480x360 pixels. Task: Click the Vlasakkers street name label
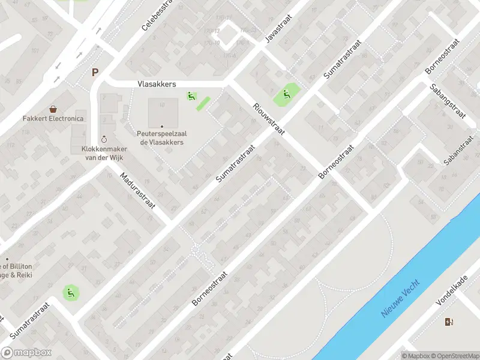pos(156,84)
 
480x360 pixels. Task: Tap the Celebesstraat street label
pos(157,15)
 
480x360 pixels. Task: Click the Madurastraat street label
pos(137,190)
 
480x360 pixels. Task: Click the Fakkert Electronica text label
pos(53,119)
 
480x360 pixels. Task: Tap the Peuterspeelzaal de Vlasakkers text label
pos(161,138)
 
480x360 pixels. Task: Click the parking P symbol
pos(95,73)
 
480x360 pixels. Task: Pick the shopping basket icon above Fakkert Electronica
pos(53,109)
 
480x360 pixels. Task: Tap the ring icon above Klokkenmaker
pos(105,139)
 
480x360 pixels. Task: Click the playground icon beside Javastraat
pos(285,94)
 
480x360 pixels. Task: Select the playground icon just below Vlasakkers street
pos(191,95)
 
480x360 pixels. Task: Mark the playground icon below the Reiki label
pos(71,293)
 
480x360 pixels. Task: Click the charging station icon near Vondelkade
pos(449,322)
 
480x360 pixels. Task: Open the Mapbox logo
pos(26,353)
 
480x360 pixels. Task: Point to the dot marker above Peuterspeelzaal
pos(161,126)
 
